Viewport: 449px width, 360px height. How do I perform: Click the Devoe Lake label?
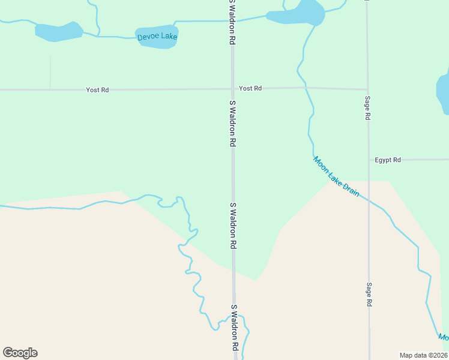(x=157, y=37)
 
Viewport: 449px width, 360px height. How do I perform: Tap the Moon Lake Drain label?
(x=336, y=176)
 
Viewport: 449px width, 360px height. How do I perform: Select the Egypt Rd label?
(x=388, y=160)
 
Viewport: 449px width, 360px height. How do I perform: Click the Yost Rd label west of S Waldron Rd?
(x=97, y=90)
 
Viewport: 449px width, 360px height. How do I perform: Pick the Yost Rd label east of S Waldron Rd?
(x=250, y=88)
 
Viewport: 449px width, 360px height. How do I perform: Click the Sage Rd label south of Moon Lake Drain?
(x=370, y=295)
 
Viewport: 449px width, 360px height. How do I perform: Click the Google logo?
(x=20, y=353)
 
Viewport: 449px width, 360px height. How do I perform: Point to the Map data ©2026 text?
(x=423, y=355)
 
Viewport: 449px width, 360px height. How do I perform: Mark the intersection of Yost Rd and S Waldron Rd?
(x=233, y=89)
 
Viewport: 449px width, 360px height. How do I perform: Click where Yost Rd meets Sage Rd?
(x=367, y=89)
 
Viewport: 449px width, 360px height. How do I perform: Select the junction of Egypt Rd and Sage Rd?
(x=368, y=160)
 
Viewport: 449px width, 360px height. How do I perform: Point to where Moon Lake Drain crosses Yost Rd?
(x=306, y=88)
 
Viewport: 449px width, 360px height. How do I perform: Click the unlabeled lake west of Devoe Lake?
(x=58, y=32)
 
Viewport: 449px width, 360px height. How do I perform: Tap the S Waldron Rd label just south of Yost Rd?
(x=232, y=124)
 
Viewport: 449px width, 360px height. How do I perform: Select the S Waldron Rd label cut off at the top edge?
(x=231, y=22)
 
